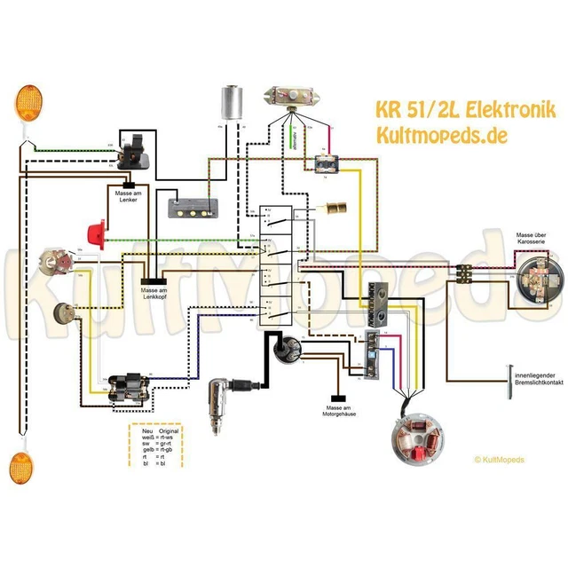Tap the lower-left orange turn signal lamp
point(20,466)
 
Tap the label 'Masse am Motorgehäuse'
point(335,409)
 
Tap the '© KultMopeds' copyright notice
point(500,460)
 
